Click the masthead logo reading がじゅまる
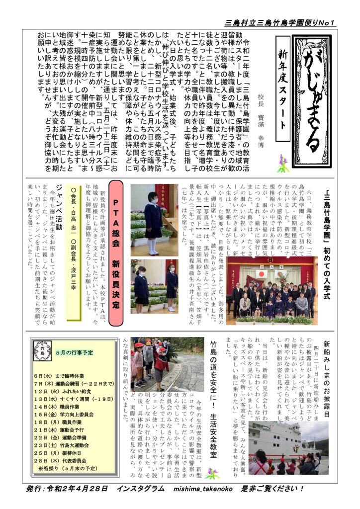click(310, 101)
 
